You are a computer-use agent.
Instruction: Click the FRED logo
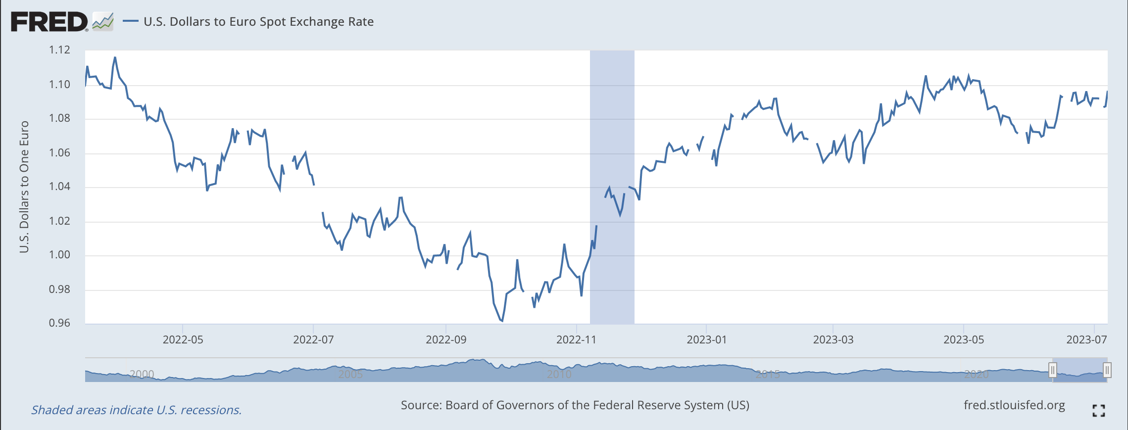(x=49, y=22)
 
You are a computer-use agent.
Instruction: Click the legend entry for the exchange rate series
(x=258, y=22)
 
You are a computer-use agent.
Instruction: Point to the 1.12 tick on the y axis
(x=59, y=50)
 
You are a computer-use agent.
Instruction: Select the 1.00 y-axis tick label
(x=59, y=255)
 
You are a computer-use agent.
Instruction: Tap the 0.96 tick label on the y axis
(x=59, y=323)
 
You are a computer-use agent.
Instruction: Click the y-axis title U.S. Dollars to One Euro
(x=24, y=187)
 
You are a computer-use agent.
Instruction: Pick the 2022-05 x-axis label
(x=183, y=340)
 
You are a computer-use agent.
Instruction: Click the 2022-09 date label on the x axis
(x=446, y=340)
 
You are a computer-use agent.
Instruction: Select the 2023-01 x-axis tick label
(x=706, y=340)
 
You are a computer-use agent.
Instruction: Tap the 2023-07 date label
(x=1086, y=340)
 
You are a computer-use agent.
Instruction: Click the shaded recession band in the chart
(x=612, y=148)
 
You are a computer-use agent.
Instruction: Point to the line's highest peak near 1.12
(x=115, y=57)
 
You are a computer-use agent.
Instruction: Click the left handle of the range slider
(x=1052, y=370)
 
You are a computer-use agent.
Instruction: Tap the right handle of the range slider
(x=1107, y=370)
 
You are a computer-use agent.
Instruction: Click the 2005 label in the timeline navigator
(x=350, y=374)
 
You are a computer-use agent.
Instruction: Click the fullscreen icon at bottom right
(x=1098, y=411)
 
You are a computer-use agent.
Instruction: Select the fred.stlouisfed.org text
(x=1014, y=405)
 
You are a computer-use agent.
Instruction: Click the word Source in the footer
(x=420, y=405)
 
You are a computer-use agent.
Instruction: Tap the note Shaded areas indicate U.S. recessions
(x=137, y=410)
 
